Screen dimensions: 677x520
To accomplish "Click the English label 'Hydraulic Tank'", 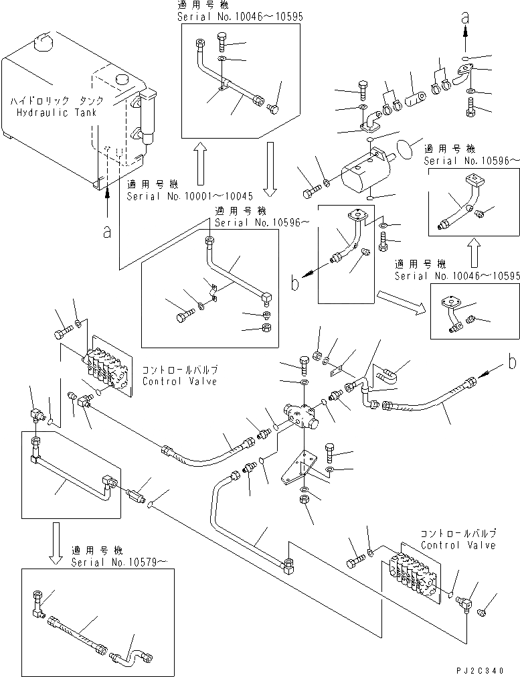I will click(x=57, y=112).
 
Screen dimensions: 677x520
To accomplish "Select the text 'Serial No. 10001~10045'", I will click(x=190, y=196).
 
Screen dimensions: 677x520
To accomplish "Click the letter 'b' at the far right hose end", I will click(x=511, y=363).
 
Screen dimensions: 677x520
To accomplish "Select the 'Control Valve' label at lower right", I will click(x=458, y=545).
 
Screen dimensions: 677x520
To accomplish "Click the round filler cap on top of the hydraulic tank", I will click(x=41, y=42).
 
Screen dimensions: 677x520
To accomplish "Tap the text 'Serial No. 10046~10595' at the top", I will click(x=240, y=15).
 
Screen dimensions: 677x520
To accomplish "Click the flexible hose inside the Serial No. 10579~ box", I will click(x=77, y=633).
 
